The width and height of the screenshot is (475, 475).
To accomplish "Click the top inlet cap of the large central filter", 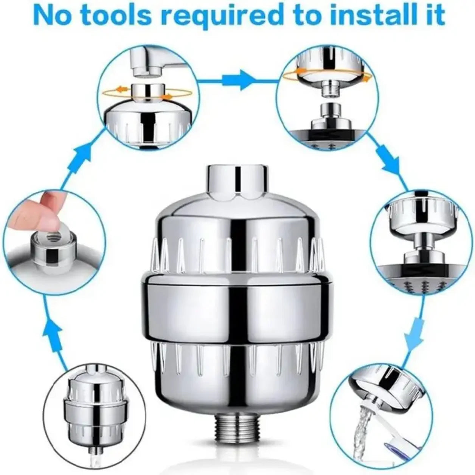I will (237, 182).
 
